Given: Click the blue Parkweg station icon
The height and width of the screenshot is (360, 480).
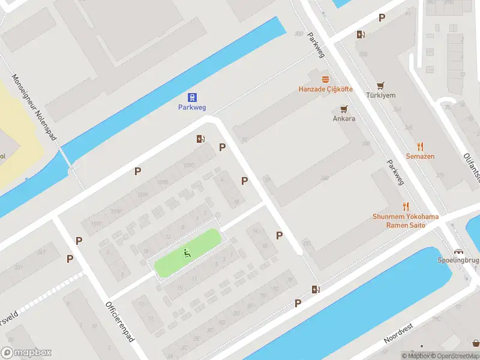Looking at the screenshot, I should point(192,97).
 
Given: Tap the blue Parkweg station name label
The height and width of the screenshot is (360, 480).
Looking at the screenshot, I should point(192,107).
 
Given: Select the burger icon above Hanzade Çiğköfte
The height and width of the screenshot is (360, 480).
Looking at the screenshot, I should point(326,79).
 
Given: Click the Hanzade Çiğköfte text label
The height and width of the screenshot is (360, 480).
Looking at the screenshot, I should point(326,89).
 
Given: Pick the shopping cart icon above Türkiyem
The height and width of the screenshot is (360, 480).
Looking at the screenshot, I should point(380,86).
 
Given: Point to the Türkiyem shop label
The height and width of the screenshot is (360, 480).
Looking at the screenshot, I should point(381,96).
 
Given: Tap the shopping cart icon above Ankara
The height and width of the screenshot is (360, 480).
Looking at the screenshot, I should point(344,109).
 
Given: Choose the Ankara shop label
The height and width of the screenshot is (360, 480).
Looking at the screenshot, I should point(344,118).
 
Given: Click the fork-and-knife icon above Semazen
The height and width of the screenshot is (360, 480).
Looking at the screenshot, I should point(420,146).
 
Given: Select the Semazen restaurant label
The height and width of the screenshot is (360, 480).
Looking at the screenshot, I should point(420,157).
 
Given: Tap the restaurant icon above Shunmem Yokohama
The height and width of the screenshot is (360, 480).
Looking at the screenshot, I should point(406,206).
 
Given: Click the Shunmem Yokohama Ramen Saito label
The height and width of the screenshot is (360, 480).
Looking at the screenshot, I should point(406,221).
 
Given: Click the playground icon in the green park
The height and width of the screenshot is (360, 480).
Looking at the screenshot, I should point(187,253).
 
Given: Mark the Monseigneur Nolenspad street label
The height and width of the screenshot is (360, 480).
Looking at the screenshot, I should point(34,108).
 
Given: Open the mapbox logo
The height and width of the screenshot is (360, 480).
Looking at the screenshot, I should point(26,353).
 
